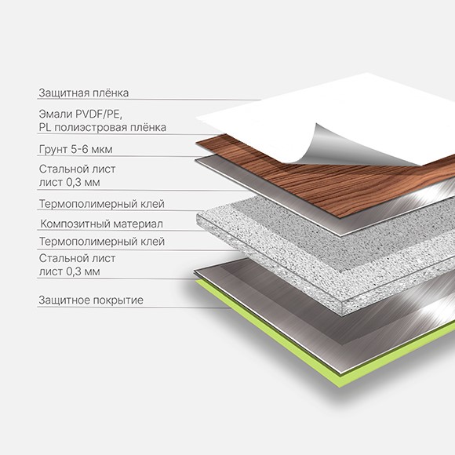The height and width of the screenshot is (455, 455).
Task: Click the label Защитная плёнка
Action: tap(84, 93)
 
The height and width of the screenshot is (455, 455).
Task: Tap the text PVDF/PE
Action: tap(99, 114)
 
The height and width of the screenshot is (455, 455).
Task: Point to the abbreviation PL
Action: tap(45, 127)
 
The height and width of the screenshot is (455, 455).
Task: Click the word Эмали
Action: tap(56, 114)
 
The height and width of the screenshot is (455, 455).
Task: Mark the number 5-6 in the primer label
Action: tap(79, 149)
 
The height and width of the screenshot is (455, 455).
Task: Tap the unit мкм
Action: tap(101, 150)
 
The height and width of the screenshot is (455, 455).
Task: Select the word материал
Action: tap(138, 224)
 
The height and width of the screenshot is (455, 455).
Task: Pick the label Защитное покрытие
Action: tap(91, 300)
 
